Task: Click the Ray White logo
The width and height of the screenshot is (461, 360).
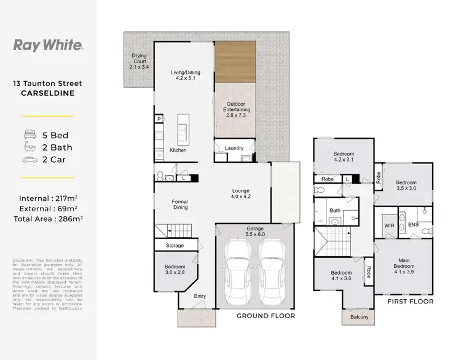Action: tap(49, 44)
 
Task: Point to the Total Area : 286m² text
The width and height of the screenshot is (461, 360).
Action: tap(49, 218)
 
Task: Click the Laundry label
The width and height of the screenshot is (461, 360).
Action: tap(234, 148)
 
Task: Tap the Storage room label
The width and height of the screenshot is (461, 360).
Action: tap(175, 246)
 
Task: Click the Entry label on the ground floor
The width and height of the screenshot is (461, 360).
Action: tap(200, 296)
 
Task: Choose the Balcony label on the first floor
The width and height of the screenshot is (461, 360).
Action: tap(360, 317)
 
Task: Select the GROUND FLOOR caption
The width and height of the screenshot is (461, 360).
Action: tap(266, 316)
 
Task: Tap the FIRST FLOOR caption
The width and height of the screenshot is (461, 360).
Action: tap(410, 302)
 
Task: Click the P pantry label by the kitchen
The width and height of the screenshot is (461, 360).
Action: tap(158, 119)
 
